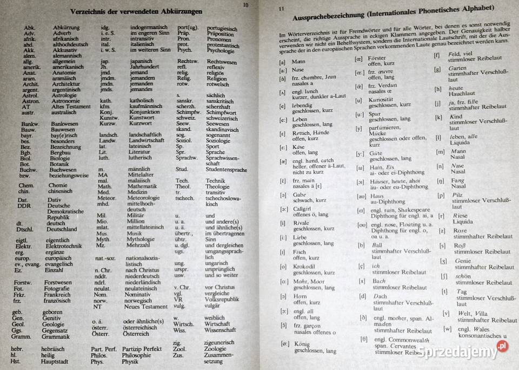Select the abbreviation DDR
coord(23,206)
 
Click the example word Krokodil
coord(305,267)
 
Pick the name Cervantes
coord(402,346)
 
